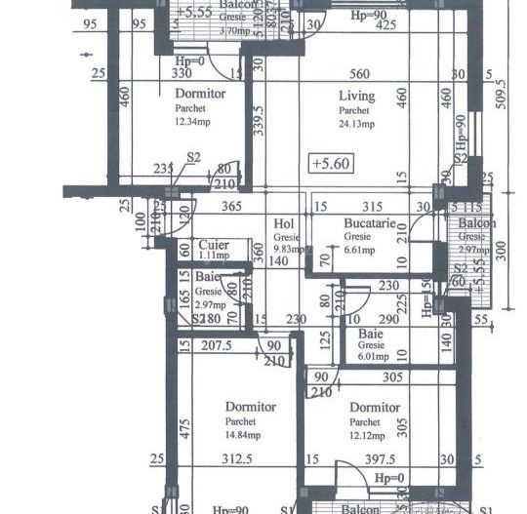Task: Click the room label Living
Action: [357, 96]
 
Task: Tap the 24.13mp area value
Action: [358, 123]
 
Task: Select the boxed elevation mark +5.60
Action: [329, 163]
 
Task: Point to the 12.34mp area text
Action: [193, 121]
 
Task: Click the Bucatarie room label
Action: [369, 223]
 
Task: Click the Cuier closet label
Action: [214, 245]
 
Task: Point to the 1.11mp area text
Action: [214, 256]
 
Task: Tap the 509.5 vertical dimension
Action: [503, 98]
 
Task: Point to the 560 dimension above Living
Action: [360, 73]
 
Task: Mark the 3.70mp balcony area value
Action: [207, 31]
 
